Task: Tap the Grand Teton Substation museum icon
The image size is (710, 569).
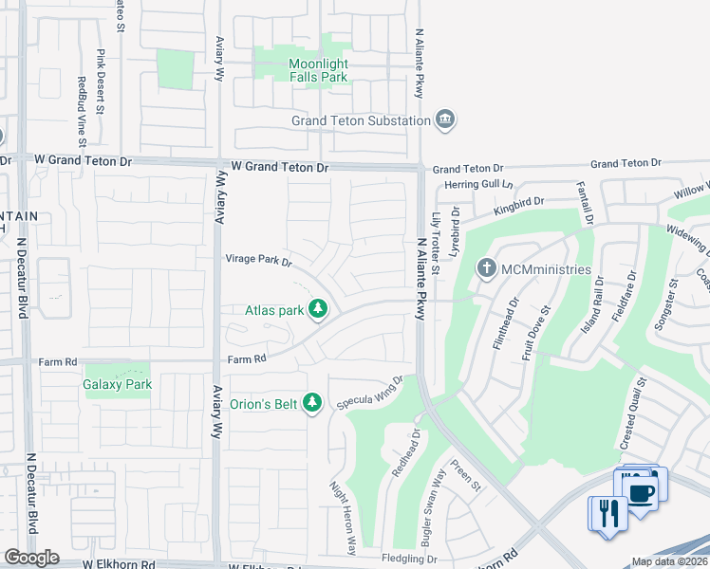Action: click(444, 120)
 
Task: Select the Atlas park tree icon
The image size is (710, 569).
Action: click(318, 309)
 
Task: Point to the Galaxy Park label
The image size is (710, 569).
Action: click(118, 385)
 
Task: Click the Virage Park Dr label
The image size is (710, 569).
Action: click(258, 259)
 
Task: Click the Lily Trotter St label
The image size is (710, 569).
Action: click(436, 244)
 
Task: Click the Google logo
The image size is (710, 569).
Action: click(31, 558)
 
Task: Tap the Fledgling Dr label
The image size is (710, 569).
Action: click(415, 559)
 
